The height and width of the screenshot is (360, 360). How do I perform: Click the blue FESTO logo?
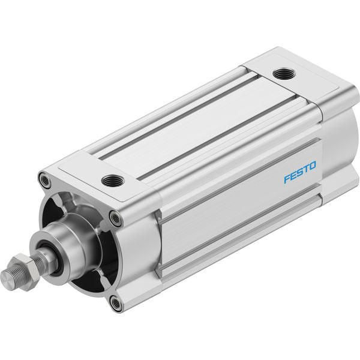(x=300, y=172)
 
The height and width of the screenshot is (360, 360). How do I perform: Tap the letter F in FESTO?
(x=287, y=178)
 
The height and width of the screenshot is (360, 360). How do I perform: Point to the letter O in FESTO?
(x=313, y=166)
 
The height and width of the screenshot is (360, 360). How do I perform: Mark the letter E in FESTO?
(x=293, y=175)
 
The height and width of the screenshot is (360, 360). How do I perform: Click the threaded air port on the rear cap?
(x=284, y=74)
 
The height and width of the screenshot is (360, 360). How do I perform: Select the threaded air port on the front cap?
(x=113, y=181)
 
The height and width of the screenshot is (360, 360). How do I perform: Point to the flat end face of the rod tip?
(x=7, y=278)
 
